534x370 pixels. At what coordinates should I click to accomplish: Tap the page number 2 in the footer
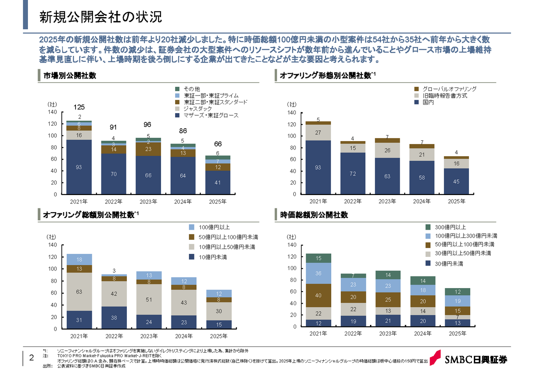31,358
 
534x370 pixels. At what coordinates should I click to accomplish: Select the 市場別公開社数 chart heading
70,76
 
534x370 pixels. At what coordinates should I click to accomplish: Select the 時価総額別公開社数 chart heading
314,215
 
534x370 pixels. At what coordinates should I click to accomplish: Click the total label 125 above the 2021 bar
79,108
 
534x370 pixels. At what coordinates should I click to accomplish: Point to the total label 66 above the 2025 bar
218,144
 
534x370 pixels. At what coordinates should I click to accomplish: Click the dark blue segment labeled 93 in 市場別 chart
79,167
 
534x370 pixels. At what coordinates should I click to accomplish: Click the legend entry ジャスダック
198,109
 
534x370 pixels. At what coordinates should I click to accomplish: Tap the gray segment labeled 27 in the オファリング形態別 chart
318,133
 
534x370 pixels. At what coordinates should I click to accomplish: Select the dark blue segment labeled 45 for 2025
456,181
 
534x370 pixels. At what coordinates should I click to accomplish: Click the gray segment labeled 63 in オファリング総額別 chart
79,292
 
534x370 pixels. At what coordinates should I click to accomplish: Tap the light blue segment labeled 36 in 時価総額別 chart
318,274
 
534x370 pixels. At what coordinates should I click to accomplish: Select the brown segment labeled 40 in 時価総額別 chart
318,296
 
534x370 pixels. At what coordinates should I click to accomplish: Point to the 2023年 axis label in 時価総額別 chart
388,334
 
